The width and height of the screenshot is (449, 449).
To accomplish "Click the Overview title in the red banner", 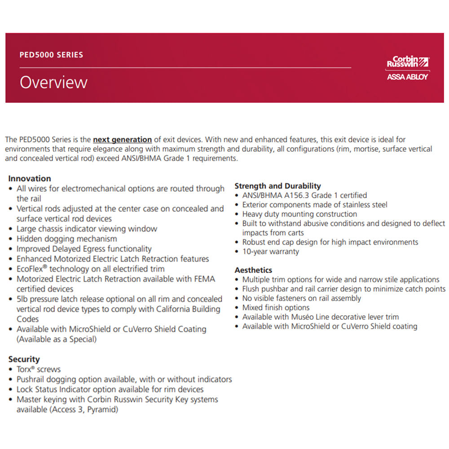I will pyautogui.click(x=53, y=83).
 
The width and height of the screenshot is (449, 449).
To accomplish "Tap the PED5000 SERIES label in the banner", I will pyautogui.click(x=51, y=55).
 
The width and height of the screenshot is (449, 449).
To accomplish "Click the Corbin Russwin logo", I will pyautogui.click(x=407, y=62).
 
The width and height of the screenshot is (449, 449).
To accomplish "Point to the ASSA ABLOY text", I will pyautogui.click(x=407, y=77).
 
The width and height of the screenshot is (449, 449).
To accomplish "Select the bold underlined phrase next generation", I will pyautogui.click(x=122, y=140).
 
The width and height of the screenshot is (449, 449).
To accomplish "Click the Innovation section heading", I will pyautogui.click(x=30, y=178).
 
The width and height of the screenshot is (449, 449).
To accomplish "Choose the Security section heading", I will pyautogui.click(x=24, y=359).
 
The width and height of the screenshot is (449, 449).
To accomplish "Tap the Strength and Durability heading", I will pyautogui.click(x=277, y=186).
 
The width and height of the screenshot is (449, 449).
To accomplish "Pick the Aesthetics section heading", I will pyautogui.click(x=253, y=270).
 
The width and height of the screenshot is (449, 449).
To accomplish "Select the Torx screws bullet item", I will pyautogui.click(x=39, y=370).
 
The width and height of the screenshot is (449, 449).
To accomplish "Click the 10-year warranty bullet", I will pyautogui.click(x=270, y=251).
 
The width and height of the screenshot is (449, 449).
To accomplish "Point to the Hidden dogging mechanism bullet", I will pyautogui.click(x=66, y=239).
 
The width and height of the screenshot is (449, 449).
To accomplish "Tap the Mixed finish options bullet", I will pyautogui.click(x=276, y=308).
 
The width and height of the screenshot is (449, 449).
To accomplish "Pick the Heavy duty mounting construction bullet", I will pyautogui.click(x=299, y=214).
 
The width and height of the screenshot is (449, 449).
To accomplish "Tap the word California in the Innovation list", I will pyautogui.click(x=177, y=309).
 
